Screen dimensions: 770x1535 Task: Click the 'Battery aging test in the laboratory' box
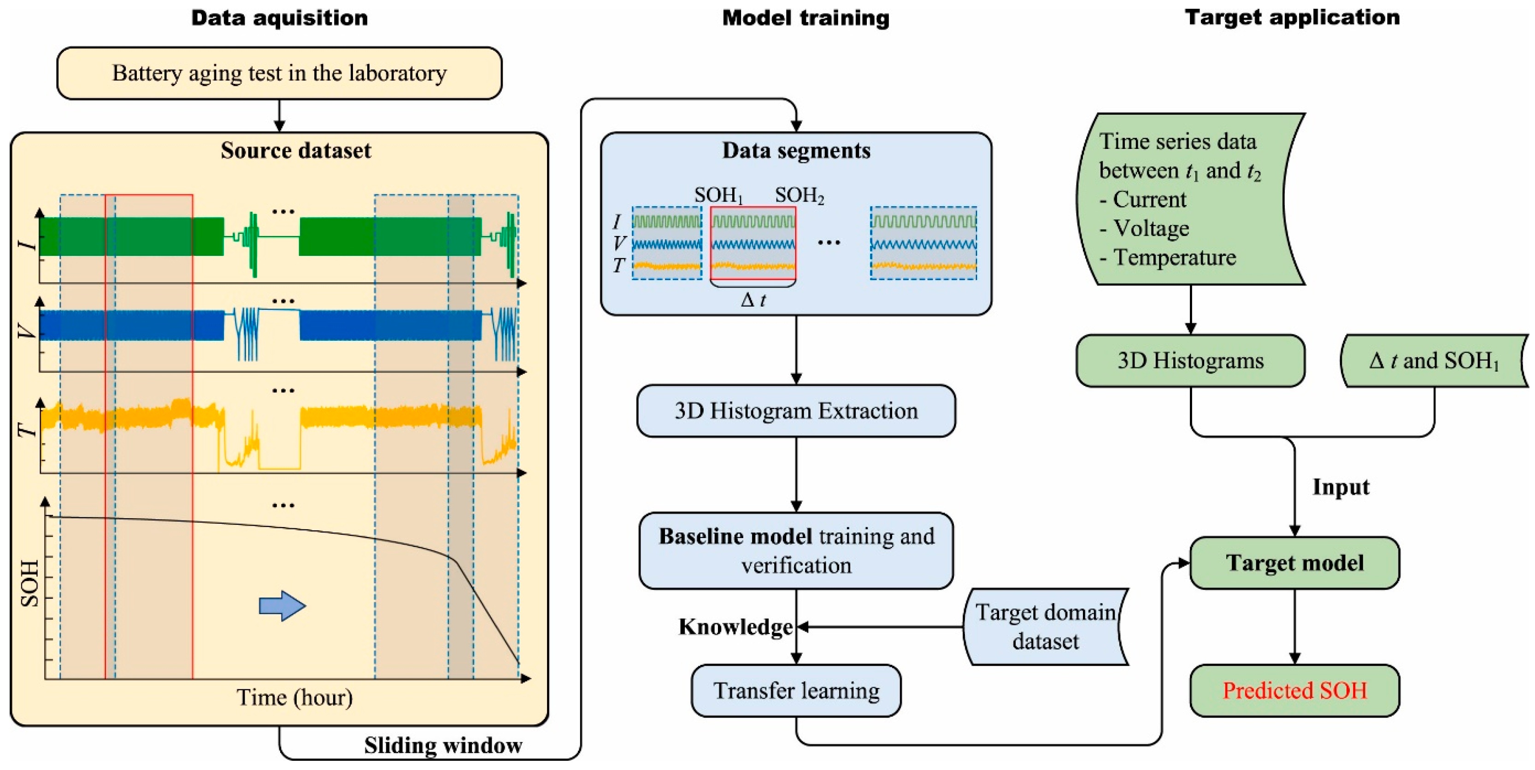[x=279, y=73]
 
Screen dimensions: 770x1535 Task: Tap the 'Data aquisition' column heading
[x=279, y=18]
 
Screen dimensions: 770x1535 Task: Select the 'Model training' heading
[x=806, y=18]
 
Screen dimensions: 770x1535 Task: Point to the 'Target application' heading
[x=1292, y=18]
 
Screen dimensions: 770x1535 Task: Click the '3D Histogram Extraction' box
[x=796, y=411]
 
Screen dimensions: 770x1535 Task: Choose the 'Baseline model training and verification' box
[x=796, y=551]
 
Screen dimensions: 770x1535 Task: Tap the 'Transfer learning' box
[x=796, y=691]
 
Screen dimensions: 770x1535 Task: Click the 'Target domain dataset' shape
[x=1045, y=627]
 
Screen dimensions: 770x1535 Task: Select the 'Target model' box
[x=1294, y=563]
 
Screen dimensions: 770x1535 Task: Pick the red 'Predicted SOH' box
[x=1294, y=691]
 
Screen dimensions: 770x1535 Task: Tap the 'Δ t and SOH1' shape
[x=1434, y=361]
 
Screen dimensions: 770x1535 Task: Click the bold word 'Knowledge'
[x=735, y=627]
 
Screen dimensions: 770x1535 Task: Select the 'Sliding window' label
[x=443, y=746]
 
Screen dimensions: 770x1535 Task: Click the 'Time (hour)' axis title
[x=294, y=697]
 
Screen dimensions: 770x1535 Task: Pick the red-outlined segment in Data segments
[x=753, y=243]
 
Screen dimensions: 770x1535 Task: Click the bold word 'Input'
[x=1341, y=487]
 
